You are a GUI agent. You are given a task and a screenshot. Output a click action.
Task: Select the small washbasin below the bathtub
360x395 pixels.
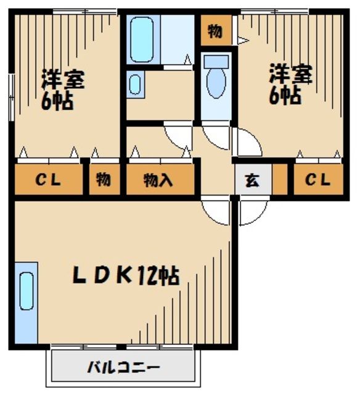tap(135, 85)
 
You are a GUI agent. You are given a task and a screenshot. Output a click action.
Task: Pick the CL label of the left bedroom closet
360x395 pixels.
tap(47, 180)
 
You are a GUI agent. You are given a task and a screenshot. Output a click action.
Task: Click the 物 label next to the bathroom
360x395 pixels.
tap(214, 32)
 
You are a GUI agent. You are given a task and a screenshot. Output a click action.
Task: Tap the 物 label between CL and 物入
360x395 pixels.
tap(104, 180)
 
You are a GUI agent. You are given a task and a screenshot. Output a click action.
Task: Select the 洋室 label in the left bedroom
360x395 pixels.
tap(63, 78)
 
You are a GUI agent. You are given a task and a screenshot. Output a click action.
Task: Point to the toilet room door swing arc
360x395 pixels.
tap(216, 137)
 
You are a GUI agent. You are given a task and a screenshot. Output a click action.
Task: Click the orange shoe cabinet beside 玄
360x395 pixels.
tap(280, 179)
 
